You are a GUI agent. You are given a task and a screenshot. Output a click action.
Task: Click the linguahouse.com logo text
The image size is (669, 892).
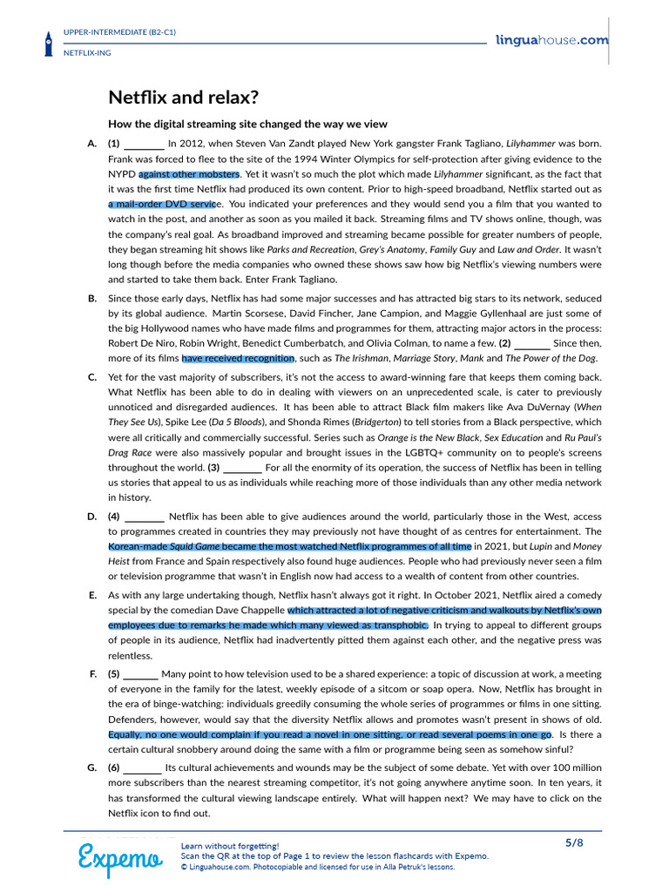(551, 40)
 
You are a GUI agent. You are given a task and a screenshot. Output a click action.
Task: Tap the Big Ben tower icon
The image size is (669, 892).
(48, 43)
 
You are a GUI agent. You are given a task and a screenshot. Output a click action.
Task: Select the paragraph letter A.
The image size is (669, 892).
(92, 143)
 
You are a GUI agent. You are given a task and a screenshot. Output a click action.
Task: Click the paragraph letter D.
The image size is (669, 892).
(92, 517)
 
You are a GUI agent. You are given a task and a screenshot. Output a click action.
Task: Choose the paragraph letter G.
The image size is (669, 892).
(92, 767)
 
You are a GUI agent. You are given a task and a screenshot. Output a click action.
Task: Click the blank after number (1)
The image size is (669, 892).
(144, 144)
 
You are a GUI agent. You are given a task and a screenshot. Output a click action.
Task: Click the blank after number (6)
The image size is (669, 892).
(142, 767)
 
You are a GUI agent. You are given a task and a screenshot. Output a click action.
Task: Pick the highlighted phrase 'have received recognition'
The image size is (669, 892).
(238, 358)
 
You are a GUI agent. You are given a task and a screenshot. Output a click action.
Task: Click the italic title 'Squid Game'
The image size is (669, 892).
(188, 546)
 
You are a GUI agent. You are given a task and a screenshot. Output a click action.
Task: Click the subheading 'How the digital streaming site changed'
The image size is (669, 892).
(247, 124)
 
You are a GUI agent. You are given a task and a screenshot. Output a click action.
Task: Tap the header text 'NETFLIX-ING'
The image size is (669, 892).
(88, 52)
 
